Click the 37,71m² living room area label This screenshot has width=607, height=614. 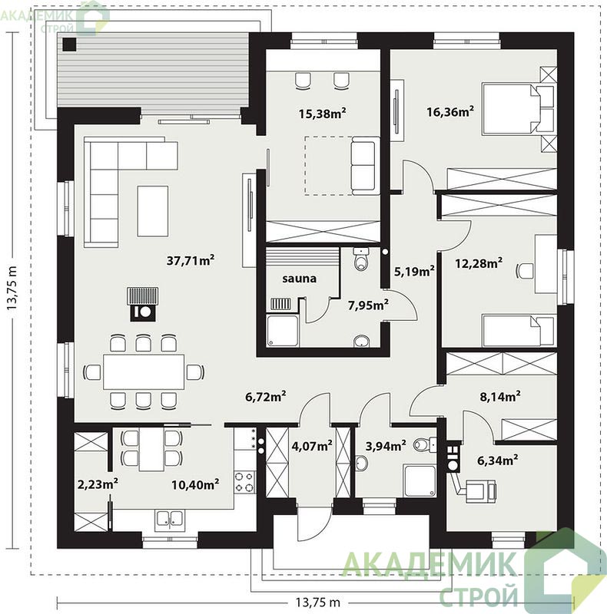pos(191,260)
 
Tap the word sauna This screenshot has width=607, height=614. pos(299,279)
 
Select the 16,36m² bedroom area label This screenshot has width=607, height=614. pos(450,112)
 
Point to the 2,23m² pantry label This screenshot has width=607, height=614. pos(98,484)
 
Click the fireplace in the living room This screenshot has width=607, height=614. pos(143,304)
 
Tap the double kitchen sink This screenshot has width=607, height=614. pos(169,520)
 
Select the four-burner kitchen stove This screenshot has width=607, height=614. pos(244,483)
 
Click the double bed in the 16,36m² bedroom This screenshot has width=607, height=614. pos(519,109)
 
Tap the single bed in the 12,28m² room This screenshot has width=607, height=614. pos(519,330)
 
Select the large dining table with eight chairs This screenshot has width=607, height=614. pos(144,371)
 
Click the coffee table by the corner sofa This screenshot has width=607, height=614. pos(153,211)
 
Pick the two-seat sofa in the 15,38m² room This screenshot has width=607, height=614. pos(365,166)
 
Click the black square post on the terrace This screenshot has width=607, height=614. pos(70,45)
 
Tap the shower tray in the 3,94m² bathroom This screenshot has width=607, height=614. pos(420,481)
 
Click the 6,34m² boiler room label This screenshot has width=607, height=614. pos(498,460)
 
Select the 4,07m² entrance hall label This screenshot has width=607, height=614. pos(312,445)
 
